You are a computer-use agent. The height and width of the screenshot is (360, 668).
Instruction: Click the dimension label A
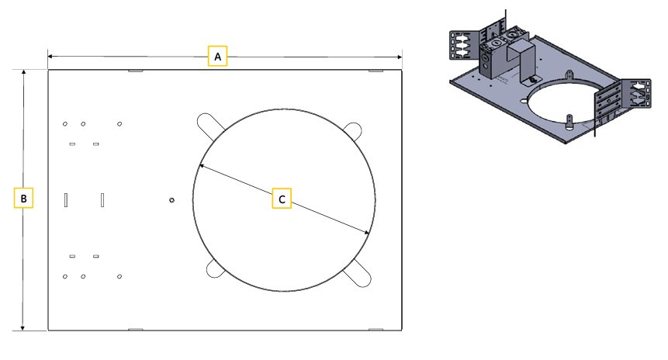point(218,57)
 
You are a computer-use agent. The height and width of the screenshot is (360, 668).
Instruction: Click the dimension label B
point(24,199)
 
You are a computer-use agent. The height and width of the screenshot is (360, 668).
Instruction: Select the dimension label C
point(282,199)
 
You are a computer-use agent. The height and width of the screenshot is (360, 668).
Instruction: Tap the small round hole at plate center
point(171,199)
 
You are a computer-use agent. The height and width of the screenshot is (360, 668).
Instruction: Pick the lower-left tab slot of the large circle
point(213,269)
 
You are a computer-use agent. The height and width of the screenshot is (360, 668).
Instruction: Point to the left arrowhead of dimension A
point(50,57)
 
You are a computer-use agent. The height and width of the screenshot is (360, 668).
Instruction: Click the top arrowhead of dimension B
point(24,72)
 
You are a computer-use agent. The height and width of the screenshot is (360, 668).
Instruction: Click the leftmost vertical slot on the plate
point(67,199)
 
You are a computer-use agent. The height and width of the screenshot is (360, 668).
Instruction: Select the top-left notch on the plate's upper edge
point(134,71)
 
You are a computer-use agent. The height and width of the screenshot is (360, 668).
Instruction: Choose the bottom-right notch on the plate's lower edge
point(376,330)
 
